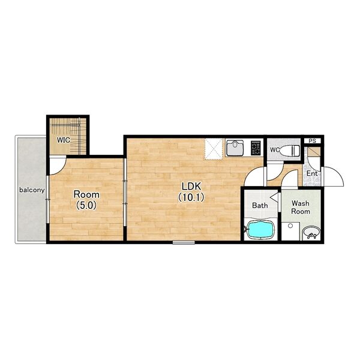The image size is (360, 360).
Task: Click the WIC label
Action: point(64,140)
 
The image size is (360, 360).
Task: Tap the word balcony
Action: point(32,190)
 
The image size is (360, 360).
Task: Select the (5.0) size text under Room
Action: point(86,205)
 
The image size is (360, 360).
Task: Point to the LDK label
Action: point(191,186)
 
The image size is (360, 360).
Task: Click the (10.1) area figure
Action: point(191,197)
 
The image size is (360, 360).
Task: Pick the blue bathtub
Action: point(260,229)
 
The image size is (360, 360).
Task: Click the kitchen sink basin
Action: point(235,148)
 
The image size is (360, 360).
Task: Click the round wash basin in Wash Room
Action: point(311,233)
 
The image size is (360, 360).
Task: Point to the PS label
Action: point(312,141)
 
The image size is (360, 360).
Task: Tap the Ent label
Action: point(312,173)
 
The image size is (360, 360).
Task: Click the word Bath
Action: point(260,205)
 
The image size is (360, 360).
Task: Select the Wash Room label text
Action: point(301,207)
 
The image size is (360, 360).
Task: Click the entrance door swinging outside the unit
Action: point(333,176)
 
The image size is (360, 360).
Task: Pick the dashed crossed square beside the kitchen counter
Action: point(214,149)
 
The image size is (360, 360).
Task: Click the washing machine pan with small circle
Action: point(290,231)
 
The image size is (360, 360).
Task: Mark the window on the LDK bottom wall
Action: point(184,242)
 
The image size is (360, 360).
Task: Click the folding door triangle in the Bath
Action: point(274,197)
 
